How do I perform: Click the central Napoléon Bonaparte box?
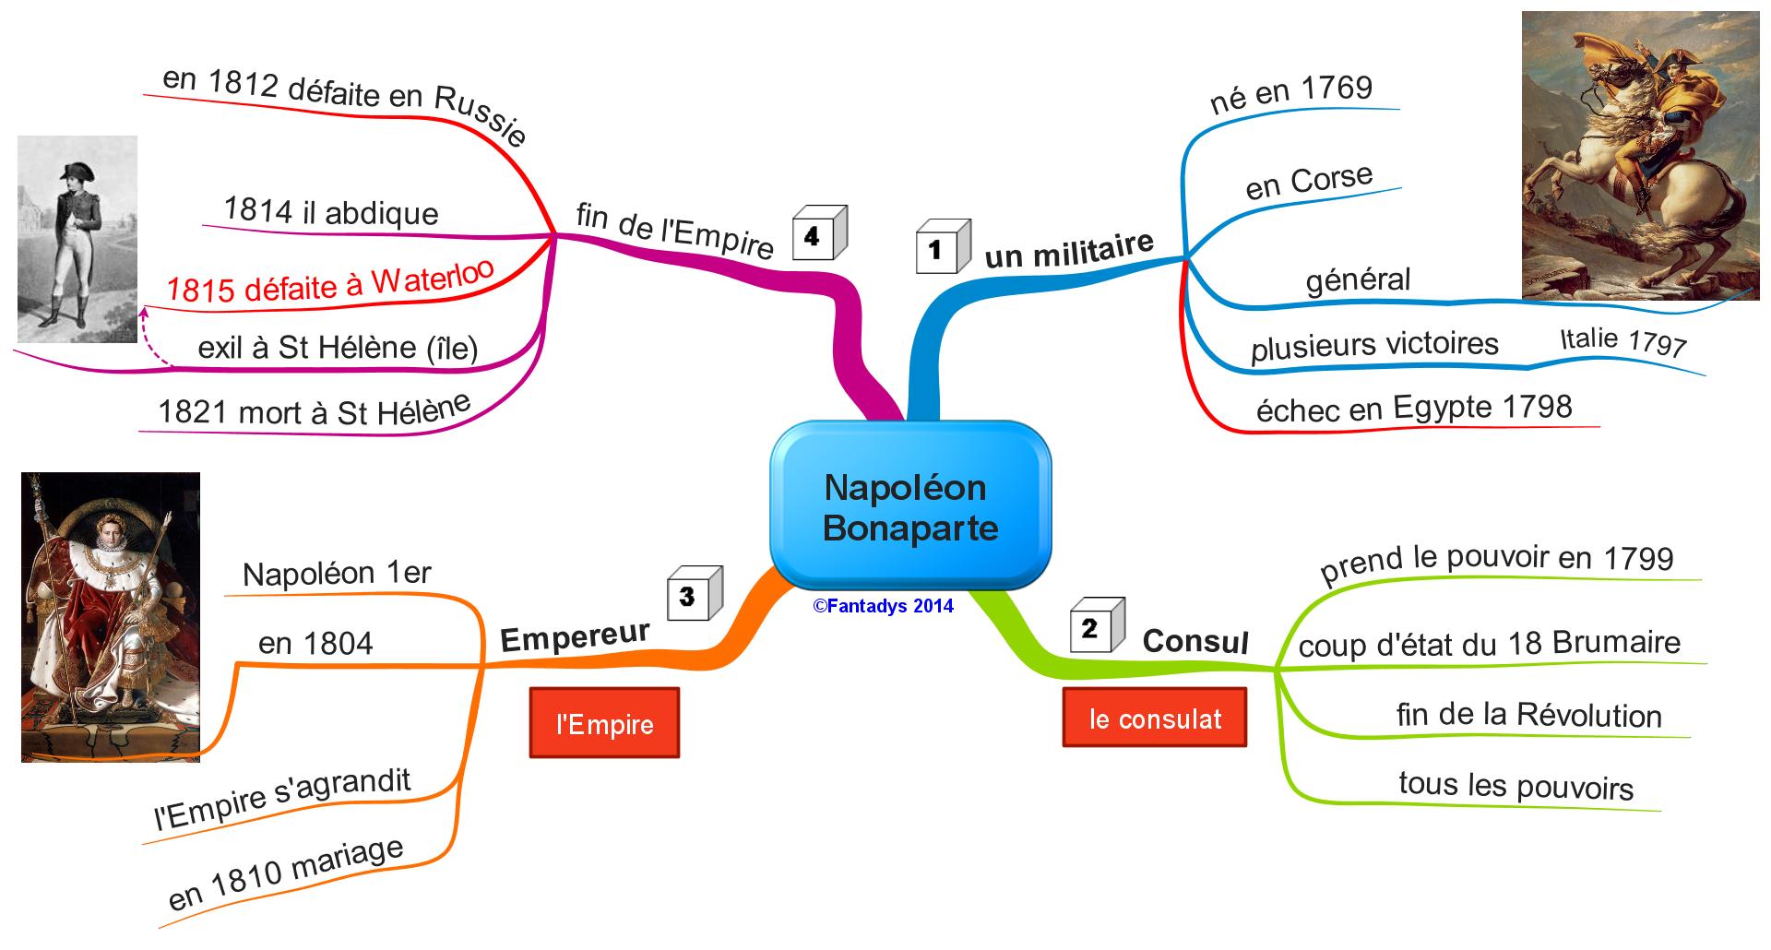(910, 506)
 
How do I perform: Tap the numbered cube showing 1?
(942, 247)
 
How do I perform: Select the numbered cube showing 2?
(1096, 625)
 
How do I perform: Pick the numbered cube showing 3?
(694, 593)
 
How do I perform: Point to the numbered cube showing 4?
(817, 234)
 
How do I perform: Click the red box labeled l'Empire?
(604, 723)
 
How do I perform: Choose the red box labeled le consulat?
(1154, 718)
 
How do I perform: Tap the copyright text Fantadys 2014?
(883, 606)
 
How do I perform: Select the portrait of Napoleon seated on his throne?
(111, 617)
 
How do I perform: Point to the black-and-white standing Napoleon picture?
(77, 239)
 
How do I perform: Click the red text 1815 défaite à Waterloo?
(330, 282)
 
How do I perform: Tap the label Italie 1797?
(1622, 341)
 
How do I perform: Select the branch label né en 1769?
(1290, 93)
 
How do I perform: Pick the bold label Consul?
(1195, 641)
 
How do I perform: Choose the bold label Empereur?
(575, 636)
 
